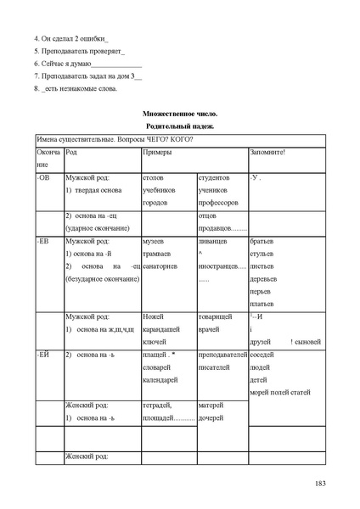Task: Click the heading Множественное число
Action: pos(180,114)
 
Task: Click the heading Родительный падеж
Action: pos(180,126)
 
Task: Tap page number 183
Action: pos(320,484)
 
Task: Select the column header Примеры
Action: pos(157,152)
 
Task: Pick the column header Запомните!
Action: pos(267,152)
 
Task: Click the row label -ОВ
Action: pos(44,179)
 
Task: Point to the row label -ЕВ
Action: pos(44,242)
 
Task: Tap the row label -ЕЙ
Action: pos(44,352)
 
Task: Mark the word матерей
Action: pos(211,406)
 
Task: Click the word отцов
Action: pos(208,216)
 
